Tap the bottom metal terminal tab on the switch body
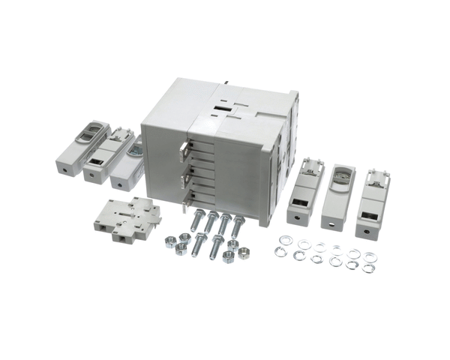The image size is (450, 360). (x=185, y=199)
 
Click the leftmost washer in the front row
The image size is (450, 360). (x=280, y=252)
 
